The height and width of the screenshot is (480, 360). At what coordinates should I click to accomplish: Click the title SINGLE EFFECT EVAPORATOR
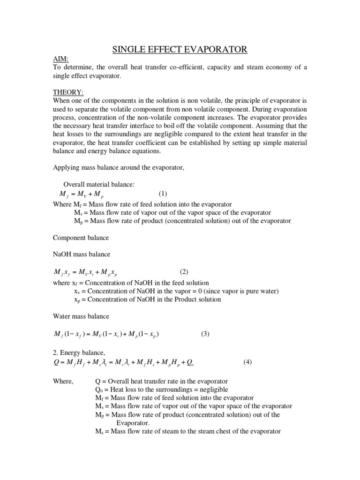click(180, 49)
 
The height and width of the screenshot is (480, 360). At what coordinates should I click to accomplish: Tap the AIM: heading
click(61, 59)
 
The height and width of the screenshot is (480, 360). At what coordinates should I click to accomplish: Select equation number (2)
click(184, 272)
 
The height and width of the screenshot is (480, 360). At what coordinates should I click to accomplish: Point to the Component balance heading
click(82, 238)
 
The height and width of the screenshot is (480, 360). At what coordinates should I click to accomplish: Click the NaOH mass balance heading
click(82, 254)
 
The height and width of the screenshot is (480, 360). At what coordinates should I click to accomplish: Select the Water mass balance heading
click(82, 316)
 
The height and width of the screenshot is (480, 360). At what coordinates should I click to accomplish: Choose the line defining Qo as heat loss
click(161, 390)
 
